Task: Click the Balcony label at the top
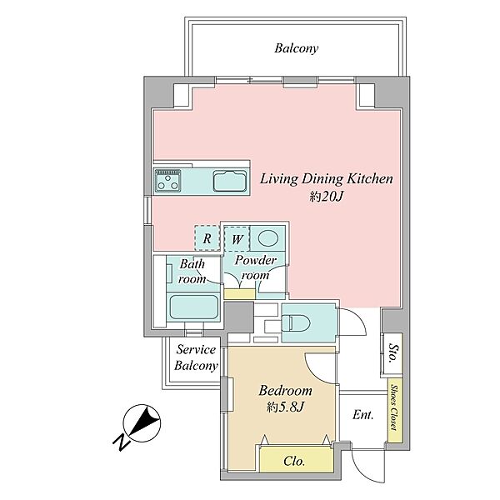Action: (296, 48)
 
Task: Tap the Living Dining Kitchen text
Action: (326, 179)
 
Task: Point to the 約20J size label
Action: (326, 197)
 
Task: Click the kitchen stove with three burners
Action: (167, 180)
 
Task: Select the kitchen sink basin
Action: (230, 181)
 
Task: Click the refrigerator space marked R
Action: (207, 237)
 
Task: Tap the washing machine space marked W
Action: (237, 238)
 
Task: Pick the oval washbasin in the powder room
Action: (267, 237)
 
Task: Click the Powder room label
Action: (255, 267)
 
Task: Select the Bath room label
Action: (192, 272)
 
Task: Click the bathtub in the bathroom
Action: (193, 307)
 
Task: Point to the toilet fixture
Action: (296, 322)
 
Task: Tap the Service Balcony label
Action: (196, 357)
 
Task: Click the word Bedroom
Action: (285, 391)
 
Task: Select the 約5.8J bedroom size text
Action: (286, 407)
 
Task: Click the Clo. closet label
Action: (294, 461)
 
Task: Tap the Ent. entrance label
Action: (362, 414)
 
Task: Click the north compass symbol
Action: (142, 423)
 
